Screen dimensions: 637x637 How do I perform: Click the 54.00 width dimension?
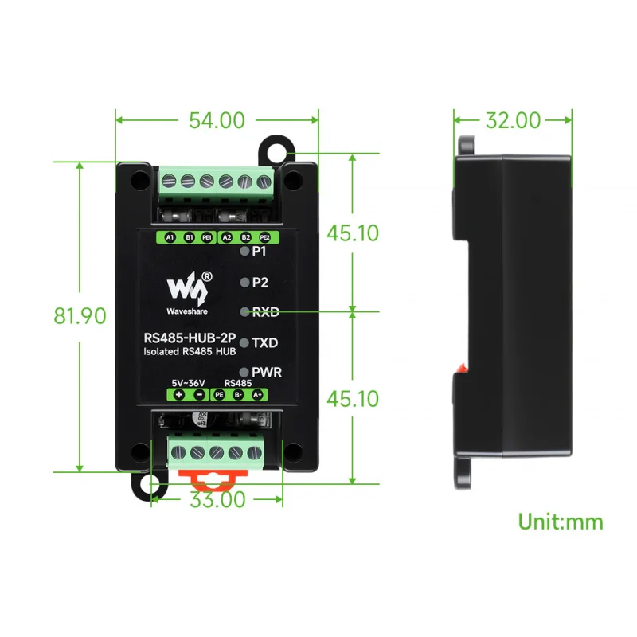(217, 120)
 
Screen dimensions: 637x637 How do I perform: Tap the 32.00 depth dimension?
(513, 120)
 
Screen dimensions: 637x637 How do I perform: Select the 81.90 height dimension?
(80, 316)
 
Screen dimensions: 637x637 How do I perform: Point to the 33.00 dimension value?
(217, 499)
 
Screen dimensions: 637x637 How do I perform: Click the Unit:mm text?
(561, 522)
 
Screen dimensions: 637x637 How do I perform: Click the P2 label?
(260, 283)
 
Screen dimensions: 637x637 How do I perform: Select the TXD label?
(265, 342)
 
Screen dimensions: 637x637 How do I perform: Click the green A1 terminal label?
(170, 237)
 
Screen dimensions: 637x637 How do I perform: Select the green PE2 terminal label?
(264, 237)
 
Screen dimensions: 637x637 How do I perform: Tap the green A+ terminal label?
(257, 395)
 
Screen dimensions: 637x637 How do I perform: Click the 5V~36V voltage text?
(188, 382)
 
